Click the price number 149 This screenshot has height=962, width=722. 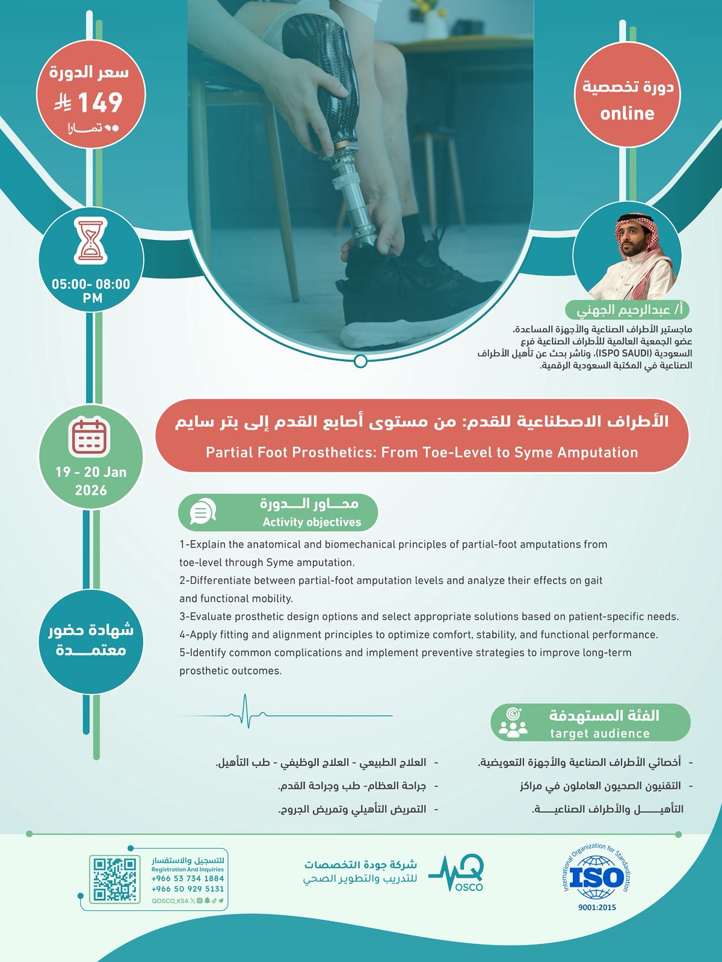[x=100, y=102]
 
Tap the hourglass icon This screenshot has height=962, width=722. [x=91, y=241]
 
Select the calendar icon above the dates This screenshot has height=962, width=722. [x=90, y=437]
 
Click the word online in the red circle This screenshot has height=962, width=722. [x=627, y=114]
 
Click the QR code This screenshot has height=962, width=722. [x=114, y=879]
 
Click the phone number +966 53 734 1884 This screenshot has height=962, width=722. [x=188, y=878]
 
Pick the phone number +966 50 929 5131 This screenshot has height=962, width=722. [x=188, y=889]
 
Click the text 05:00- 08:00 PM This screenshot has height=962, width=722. [x=91, y=290]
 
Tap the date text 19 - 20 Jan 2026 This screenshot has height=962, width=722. [x=91, y=481]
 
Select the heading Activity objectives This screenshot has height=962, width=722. [x=312, y=522]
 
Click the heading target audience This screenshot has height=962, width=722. [x=600, y=734]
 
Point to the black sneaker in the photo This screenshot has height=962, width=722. [x=409, y=283]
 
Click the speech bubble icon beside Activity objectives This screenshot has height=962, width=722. [x=202, y=513]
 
